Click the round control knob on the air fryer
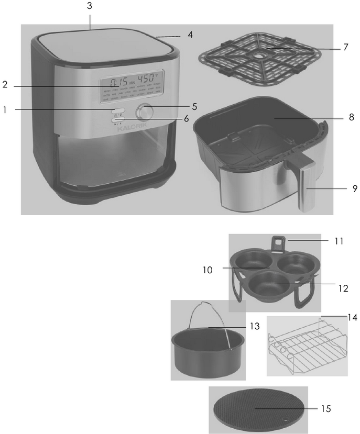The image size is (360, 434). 145,113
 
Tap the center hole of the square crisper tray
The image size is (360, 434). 259,54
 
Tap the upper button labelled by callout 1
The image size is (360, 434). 118,111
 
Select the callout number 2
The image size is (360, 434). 5,85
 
